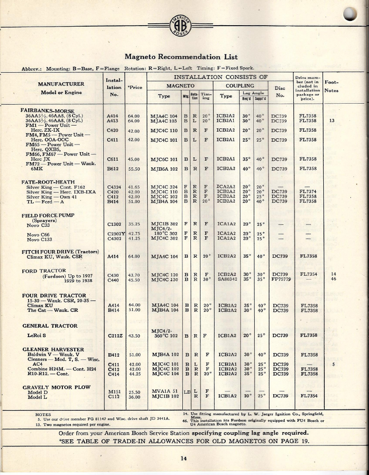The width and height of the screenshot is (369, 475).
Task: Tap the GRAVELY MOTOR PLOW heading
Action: pos(56,388)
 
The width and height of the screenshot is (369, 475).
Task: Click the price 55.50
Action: pos(133,168)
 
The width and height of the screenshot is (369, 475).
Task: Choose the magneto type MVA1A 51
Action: pos(163,391)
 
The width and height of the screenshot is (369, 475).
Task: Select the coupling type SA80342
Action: pos(227,280)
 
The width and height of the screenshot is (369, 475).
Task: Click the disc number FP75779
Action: pos(280,280)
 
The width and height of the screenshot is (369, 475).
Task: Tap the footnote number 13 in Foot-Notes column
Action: pos(332,120)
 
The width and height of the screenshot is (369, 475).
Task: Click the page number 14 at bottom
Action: pos(184,458)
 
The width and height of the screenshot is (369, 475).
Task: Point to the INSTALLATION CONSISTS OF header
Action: pos(220,77)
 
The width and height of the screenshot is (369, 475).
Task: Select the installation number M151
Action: pos(114,391)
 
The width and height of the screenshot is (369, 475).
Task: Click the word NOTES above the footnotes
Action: pos(43,414)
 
